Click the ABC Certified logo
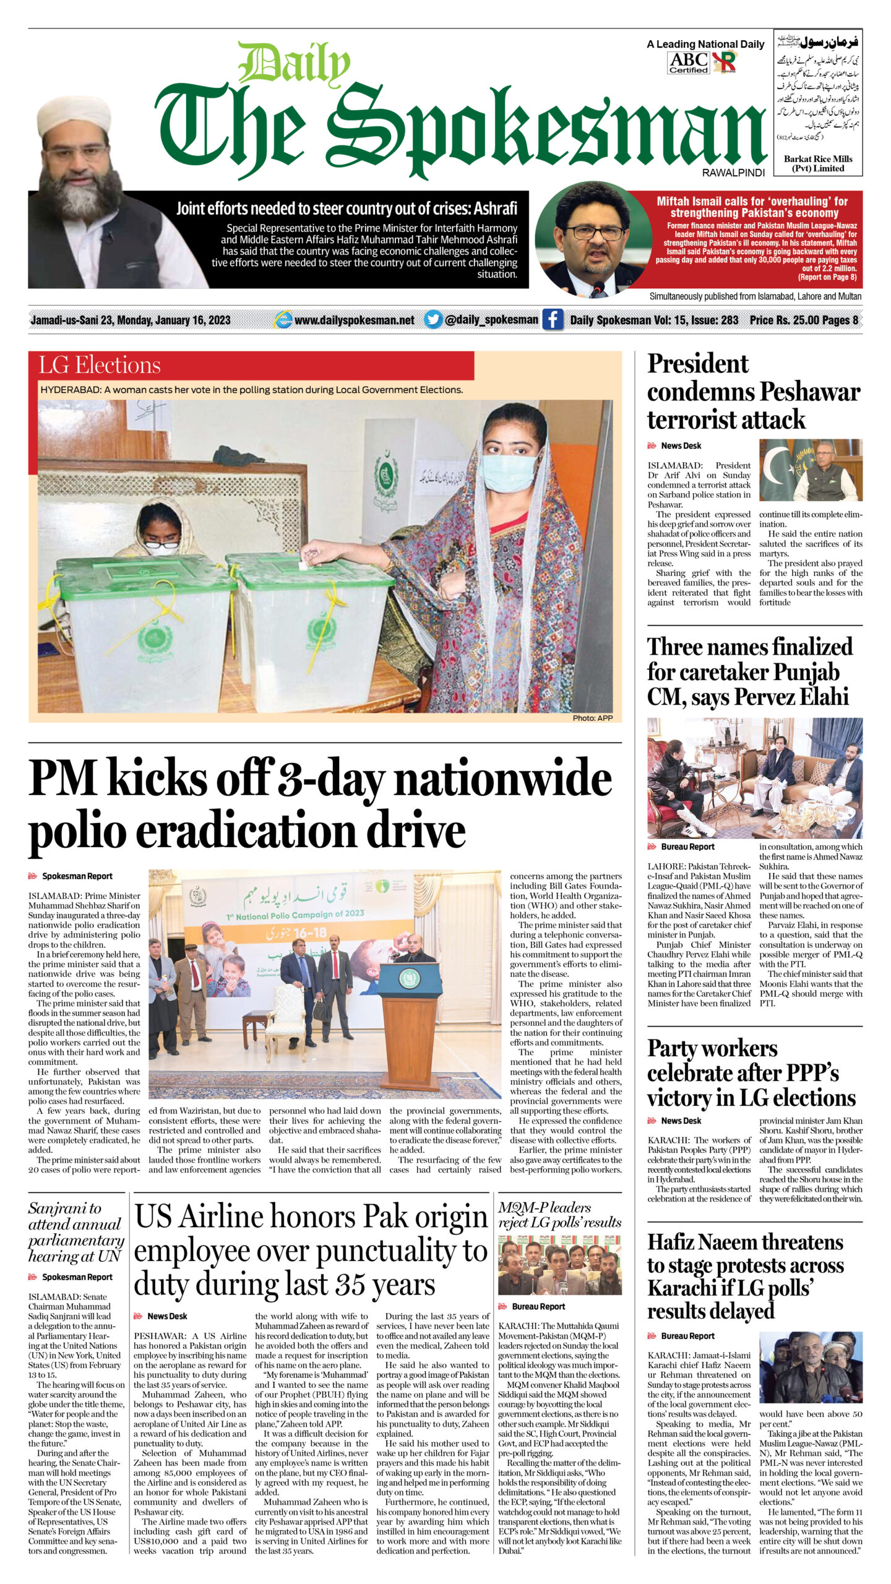[688, 62]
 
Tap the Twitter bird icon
[433, 319]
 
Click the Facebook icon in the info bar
[552, 319]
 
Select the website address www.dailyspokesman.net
[354, 320]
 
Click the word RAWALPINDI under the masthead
[733, 173]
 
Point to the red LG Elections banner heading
[100, 365]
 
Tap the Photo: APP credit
[592, 718]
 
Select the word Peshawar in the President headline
[810, 392]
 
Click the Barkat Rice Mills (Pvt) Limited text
[817, 163]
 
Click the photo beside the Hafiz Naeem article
[811, 1366]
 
